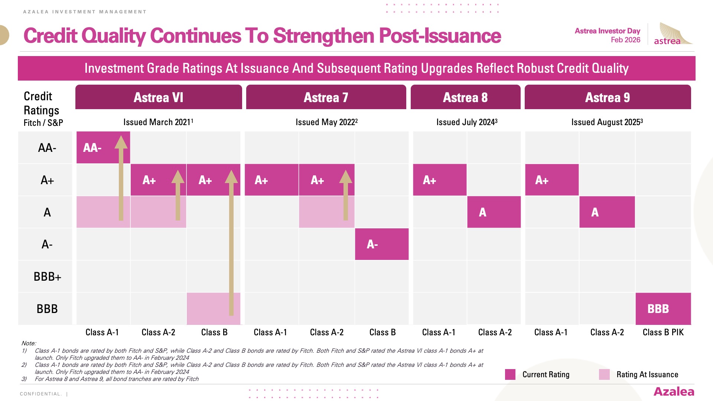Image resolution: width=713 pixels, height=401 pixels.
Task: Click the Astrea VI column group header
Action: click(159, 97)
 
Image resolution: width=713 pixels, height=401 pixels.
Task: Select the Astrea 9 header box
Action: click(608, 97)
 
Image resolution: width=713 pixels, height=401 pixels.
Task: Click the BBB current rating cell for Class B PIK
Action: click(663, 309)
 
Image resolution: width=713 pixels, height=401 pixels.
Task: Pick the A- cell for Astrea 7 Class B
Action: click(382, 244)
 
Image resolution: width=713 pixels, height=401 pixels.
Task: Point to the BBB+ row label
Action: click(47, 277)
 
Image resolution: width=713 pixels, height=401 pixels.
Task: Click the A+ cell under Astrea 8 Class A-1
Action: click(440, 180)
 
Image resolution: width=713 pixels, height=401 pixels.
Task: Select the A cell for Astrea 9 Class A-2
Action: click(607, 212)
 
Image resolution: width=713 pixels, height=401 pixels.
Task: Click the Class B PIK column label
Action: click(663, 332)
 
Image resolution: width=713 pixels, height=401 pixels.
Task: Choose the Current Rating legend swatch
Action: click(510, 374)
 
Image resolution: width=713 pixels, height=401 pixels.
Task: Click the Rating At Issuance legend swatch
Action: click(604, 374)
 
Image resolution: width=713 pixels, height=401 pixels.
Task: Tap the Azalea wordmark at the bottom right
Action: click(674, 392)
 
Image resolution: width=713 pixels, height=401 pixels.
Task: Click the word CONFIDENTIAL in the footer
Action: click(40, 394)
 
